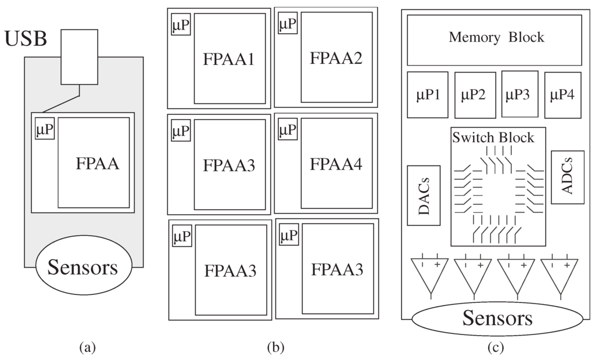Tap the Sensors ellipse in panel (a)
click(83, 268)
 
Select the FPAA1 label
click(229, 59)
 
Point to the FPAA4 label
click(336, 164)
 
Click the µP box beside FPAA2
click(288, 25)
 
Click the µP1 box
click(428, 95)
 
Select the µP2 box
click(475, 95)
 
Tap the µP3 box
click(519, 94)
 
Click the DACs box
click(424, 196)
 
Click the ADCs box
click(567, 177)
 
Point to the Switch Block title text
click(493, 138)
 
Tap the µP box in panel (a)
click(45, 131)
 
